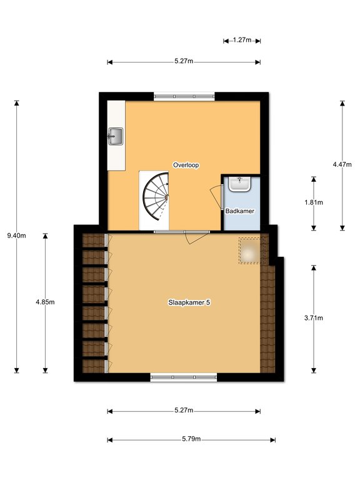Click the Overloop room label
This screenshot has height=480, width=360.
tap(186, 165)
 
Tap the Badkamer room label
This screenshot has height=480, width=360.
tap(240, 211)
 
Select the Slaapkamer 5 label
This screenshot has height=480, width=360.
tap(189, 302)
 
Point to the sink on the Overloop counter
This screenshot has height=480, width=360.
tap(116, 136)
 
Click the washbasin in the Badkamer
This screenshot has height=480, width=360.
tap(240, 184)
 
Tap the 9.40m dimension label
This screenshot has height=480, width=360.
tap(16, 236)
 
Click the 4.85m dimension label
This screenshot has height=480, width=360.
tap(45, 302)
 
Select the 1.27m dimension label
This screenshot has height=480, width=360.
tap(242, 40)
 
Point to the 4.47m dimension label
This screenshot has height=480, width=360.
tap(342, 164)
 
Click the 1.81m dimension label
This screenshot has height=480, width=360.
tap(314, 202)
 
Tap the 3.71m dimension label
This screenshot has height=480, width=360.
tap(314, 317)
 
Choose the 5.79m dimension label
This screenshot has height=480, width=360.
tap(191, 439)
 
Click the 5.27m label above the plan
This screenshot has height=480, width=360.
tap(184, 61)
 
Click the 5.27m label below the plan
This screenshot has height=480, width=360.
tap(184, 410)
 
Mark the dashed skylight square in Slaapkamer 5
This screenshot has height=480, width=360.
tap(251, 251)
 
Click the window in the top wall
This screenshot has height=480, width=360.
tap(184, 96)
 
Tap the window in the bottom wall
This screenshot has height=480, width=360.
tap(184, 377)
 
